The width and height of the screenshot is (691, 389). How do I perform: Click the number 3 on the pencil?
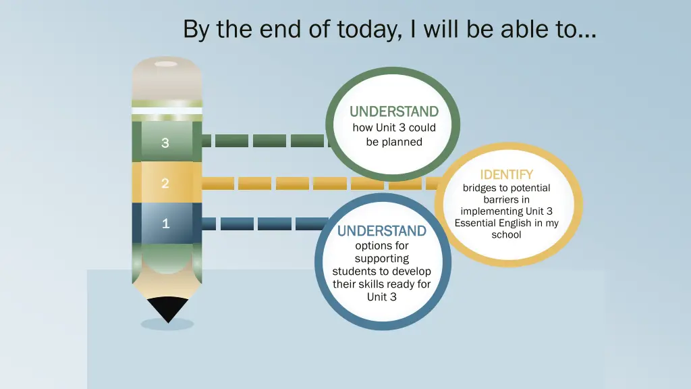pyautogui.click(x=165, y=142)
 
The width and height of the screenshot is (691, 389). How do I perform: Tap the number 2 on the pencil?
pyautogui.click(x=165, y=183)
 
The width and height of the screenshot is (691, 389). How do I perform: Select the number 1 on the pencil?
pyautogui.click(x=165, y=224)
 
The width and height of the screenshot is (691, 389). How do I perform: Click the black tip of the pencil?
pyautogui.click(x=167, y=309)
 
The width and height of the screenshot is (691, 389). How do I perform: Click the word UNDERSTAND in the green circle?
pyautogui.click(x=393, y=111)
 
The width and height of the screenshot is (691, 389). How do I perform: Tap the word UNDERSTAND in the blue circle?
pyautogui.click(x=381, y=231)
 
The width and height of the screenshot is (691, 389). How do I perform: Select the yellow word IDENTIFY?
pyautogui.click(x=506, y=175)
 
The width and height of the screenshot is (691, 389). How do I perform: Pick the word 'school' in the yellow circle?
pyautogui.click(x=506, y=235)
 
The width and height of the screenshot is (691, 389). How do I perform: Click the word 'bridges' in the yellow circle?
pyautogui.click(x=479, y=188)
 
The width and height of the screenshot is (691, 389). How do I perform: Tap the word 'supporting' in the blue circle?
pyautogui.click(x=382, y=259)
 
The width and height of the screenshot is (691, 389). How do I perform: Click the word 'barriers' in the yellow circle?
pyautogui.click(x=506, y=200)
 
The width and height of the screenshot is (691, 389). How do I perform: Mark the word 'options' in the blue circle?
pyautogui.click(x=372, y=246)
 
